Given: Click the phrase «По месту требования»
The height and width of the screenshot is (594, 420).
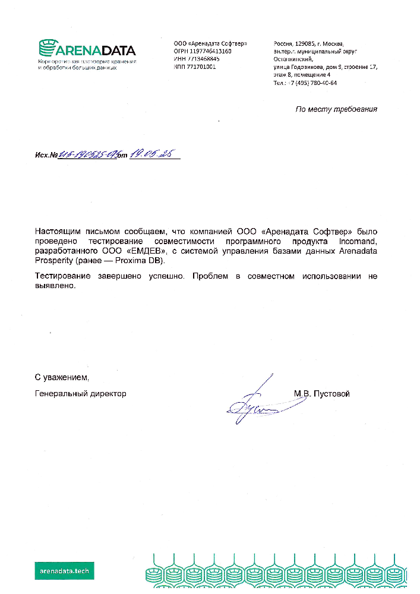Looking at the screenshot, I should (336, 109).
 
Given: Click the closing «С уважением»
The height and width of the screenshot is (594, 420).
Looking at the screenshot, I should (61, 377).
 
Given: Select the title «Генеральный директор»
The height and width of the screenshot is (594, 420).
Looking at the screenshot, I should (80, 393).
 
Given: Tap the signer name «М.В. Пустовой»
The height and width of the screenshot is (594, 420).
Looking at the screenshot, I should (321, 393).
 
